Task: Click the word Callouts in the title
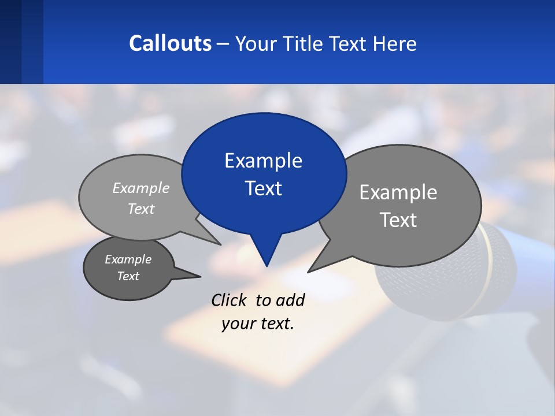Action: (x=170, y=43)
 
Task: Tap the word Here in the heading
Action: (x=395, y=43)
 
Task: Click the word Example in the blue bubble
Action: (x=263, y=161)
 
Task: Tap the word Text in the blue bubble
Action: (x=263, y=188)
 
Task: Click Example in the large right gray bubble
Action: (x=398, y=192)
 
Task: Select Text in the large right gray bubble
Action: (x=398, y=220)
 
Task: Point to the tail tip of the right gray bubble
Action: (x=309, y=271)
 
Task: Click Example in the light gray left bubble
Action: (x=141, y=188)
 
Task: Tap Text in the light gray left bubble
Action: (x=141, y=209)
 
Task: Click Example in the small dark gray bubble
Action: (x=128, y=259)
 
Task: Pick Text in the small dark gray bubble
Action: (x=128, y=276)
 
